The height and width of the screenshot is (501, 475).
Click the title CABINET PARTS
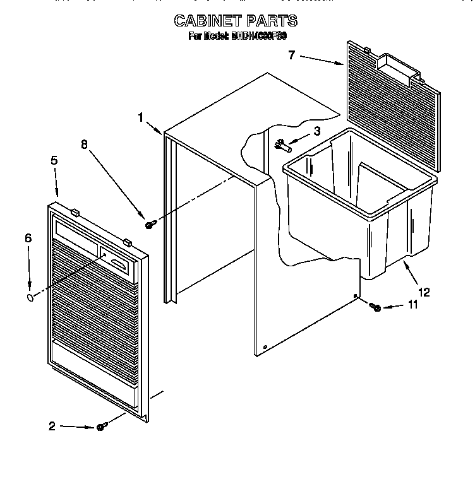click(236, 21)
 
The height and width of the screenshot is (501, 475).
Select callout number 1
click(141, 117)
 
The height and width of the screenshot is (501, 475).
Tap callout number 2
click(52, 426)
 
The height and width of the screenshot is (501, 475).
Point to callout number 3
click(317, 131)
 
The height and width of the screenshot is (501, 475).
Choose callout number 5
click(54, 161)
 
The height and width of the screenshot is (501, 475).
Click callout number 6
click(28, 238)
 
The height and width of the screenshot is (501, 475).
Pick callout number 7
click(291, 55)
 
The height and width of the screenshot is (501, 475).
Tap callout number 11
click(413, 305)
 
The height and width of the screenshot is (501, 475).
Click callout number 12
click(424, 292)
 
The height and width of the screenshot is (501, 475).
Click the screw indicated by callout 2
click(100, 428)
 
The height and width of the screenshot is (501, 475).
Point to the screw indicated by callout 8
click(150, 224)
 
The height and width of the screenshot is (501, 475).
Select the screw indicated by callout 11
click(376, 307)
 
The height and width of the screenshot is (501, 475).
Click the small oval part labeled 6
click(30, 297)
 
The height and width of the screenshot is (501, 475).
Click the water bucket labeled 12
click(360, 208)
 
